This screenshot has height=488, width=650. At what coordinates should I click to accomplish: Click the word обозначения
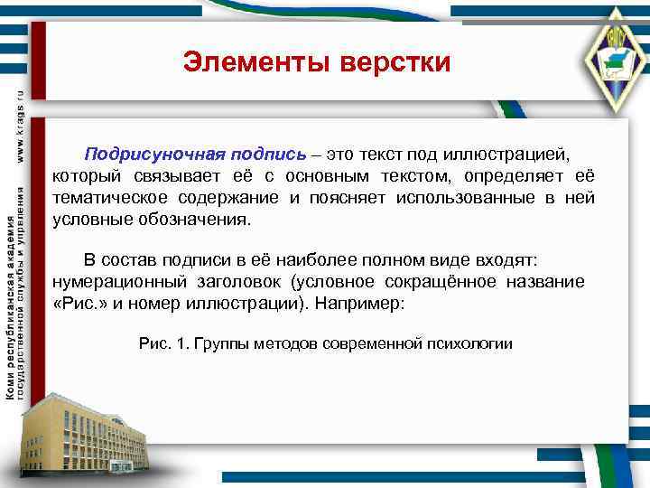point(202,219)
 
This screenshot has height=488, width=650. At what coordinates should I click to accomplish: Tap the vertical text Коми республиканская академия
point(10,307)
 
